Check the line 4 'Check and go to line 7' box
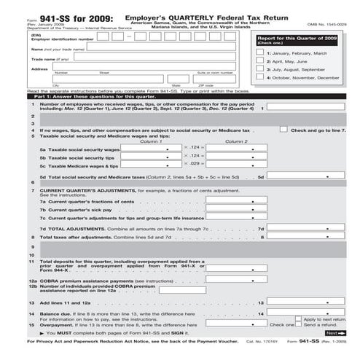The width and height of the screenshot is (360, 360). (283, 129)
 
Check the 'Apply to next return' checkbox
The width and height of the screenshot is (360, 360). (299, 319)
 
